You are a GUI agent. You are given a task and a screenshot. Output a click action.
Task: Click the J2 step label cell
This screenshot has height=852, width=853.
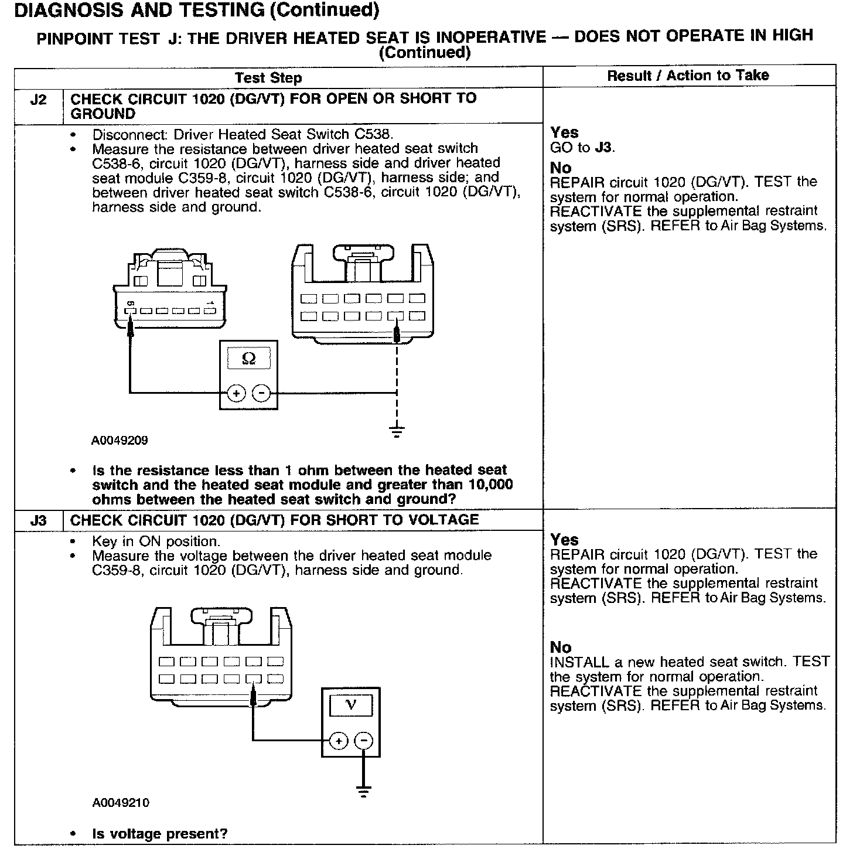(x=38, y=100)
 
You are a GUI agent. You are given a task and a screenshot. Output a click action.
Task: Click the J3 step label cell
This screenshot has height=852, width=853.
(x=38, y=520)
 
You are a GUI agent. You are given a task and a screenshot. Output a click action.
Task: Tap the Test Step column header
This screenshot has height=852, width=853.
(x=268, y=78)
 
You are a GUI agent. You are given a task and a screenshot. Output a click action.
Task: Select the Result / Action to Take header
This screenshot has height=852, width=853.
(x=688, y=75)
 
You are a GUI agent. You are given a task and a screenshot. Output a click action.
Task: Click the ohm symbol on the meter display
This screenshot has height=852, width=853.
(x=248, y=359)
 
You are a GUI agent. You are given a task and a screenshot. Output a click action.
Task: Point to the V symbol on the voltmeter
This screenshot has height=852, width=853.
(x=351, y=704)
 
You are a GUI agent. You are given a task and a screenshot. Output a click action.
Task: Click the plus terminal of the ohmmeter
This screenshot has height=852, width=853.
(x=236, y=393)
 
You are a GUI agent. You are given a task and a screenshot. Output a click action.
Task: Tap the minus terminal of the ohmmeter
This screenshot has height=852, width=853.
(x=261, y=393)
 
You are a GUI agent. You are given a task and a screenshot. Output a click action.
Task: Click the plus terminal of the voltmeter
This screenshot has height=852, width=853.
(x=339, y=741)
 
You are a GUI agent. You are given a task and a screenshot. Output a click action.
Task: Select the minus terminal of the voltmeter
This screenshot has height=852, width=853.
(x=364, y=741)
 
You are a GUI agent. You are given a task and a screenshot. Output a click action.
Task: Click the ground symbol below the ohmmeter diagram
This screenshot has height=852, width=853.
(x=397, y=432)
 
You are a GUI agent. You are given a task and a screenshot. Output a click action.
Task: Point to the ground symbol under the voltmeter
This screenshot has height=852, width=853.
(x=364, y=792)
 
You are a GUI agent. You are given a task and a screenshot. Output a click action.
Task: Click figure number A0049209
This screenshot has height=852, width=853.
(x=120, y=441)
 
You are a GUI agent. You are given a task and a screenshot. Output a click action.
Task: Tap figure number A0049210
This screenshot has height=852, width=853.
(x=121, y=803)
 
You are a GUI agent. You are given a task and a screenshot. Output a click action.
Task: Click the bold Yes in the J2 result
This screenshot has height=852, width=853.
(x=564, y=132)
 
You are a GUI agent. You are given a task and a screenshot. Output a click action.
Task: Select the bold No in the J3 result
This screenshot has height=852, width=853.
(x=561, y=647)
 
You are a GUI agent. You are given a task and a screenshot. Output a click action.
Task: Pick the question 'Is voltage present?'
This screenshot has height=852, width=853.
(x=160, y=834)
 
